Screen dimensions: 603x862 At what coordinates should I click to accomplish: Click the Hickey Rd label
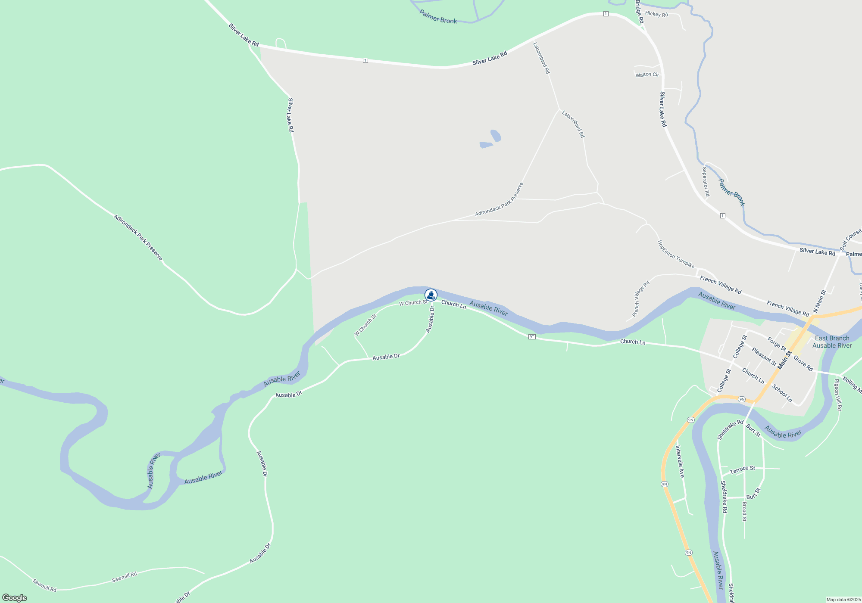(656, 14)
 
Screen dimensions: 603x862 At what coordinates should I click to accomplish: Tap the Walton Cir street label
(647, 75)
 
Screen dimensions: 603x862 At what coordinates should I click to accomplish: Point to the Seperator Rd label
(706, 182)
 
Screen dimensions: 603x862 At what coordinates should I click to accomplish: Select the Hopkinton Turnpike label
(675, 254)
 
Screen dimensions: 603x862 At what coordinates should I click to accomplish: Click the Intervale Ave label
(680, 462)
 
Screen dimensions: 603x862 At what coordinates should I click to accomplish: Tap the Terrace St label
(742, 469)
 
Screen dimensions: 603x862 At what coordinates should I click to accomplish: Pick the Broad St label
(744, 511)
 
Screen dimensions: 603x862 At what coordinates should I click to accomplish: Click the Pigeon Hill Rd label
(837, 395)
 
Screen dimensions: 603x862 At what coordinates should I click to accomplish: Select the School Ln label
(782, 393)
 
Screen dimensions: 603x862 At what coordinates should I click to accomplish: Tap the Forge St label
(776, 344)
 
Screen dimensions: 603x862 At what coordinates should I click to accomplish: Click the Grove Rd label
(803, 364)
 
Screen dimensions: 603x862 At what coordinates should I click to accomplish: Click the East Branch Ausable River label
(832, 342)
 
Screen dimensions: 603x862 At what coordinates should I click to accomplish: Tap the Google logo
(15, 598)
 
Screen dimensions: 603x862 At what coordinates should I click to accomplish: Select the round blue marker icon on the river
(431, 295)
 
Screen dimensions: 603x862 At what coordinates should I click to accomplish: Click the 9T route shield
(532, 337)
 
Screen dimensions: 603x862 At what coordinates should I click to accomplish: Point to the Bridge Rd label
(640, 12)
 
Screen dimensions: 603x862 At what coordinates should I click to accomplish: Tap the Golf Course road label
(850, 239)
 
